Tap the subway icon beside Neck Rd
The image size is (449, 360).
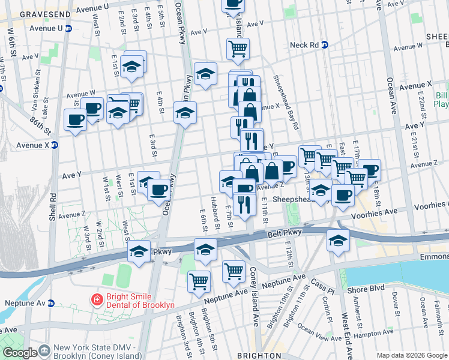point(325,44)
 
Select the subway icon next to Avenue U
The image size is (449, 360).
point(68,28)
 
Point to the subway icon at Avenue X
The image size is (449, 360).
point(55,145)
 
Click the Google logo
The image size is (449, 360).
point(20,353)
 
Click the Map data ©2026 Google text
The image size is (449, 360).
point(411,355)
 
